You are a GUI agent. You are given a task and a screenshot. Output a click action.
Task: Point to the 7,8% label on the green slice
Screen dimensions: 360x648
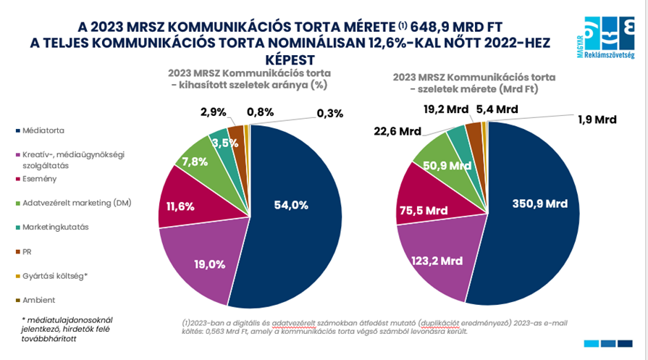coord(196,161)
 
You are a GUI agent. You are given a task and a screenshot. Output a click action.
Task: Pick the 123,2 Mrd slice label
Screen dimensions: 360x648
coord(437,261)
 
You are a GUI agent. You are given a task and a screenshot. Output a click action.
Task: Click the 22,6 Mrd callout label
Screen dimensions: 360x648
coord(398,131)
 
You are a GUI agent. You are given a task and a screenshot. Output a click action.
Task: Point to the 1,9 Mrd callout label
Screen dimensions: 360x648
coord(597,119)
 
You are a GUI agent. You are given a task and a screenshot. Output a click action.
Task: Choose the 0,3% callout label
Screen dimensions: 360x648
coord(329,113)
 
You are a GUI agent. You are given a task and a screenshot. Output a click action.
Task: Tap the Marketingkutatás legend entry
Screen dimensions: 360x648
coord(54,227)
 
